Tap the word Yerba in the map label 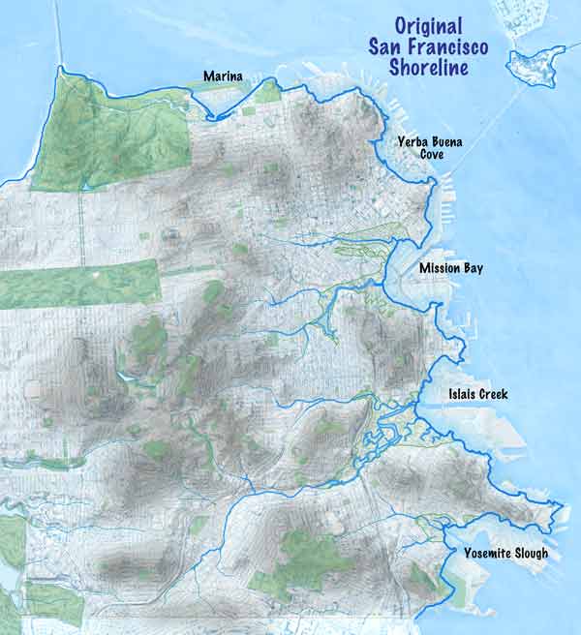[x=413, y=141]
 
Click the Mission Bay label [x=450, y=268]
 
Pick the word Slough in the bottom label [x=528, y=553]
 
